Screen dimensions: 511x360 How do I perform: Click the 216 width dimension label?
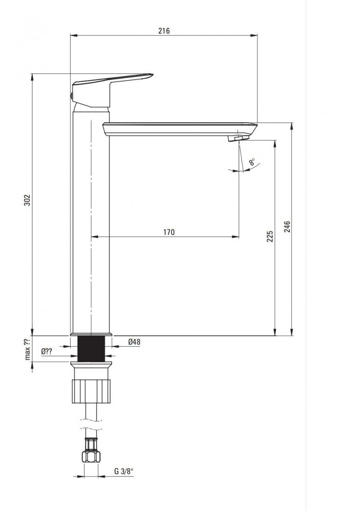164,31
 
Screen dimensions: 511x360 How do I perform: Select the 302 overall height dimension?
27,200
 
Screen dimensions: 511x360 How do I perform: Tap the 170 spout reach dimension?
169,232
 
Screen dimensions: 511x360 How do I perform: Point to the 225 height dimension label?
270,237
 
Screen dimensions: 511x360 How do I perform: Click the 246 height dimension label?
287,226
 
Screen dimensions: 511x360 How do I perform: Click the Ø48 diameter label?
134,342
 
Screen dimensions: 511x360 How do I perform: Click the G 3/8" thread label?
124,471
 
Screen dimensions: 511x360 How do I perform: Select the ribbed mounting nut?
91,390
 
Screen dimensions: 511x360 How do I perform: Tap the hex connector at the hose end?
91,456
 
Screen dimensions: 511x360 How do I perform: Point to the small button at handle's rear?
71,95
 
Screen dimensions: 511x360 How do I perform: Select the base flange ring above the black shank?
91,334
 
